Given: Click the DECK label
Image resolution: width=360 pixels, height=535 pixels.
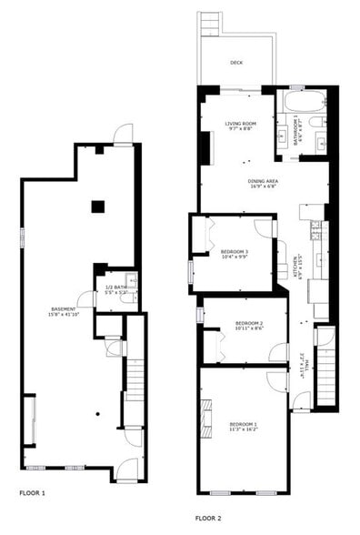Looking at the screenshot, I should pyautogui.click(x=236, y=63).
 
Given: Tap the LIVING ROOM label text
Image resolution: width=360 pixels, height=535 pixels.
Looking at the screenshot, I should pyautogui.click(x=242, y=126).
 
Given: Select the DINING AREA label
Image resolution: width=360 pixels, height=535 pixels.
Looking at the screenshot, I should pyautogui.click(x=263, y=183).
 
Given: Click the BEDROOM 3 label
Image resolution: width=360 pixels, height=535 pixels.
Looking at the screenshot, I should pyautogui.click(x=234, y=253).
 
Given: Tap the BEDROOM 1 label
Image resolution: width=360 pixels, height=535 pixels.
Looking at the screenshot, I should pyautogui.click(x=243, y=427).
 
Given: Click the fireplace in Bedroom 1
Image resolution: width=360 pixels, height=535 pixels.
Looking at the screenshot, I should pyautogui.click(x=206, y=418).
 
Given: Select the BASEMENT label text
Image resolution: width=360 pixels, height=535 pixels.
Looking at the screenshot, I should pyautogui.click(x=64, y=310).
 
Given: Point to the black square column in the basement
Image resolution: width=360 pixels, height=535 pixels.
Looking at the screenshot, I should pyautogui.click(x=96, y=207).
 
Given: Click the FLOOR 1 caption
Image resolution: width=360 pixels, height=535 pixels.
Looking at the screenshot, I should pyautogui.click(x=32, y=493).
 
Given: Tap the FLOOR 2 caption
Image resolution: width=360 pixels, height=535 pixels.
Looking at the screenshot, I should pyautogui.click(x=208, y=518).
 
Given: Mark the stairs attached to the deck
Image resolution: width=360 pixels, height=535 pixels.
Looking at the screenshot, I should pyautogui.click(x=210, y=24).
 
